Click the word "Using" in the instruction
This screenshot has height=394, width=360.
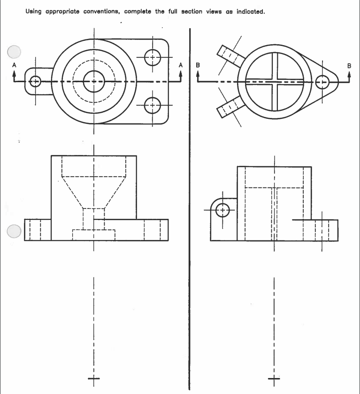34,11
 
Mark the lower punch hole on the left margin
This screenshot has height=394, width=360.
15,231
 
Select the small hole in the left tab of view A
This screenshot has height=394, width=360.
35,82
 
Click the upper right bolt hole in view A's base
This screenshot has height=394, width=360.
153,58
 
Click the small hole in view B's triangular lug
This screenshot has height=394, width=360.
322,82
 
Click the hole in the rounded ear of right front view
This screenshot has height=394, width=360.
223,209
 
